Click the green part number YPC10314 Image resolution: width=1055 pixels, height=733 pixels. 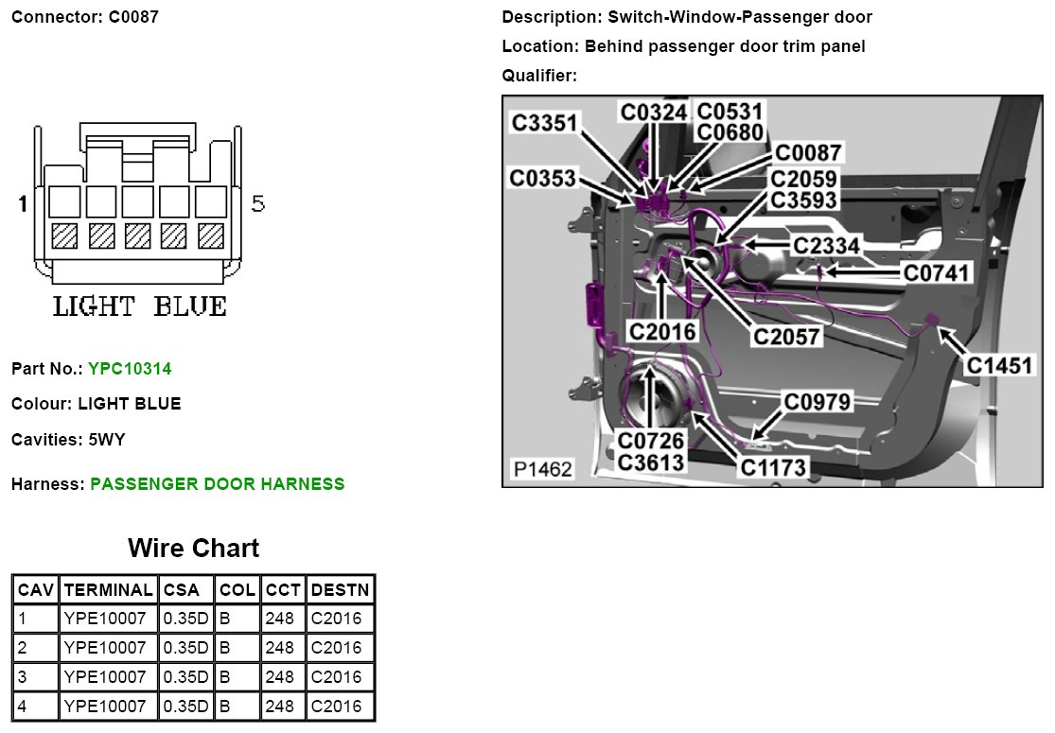(x=130, y=368)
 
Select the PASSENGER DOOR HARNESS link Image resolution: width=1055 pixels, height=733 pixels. (x=217, y=484)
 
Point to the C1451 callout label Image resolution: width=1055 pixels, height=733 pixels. (x=999, y=365)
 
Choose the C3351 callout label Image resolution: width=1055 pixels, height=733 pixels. (x=545, y=123)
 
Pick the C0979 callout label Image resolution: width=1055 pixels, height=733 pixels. (x=818, y=402)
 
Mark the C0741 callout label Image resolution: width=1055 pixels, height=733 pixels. (x=937, y=273)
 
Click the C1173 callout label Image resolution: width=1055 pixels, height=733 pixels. (x=773, y=466)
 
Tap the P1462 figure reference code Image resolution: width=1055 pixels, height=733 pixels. (x=542, y=469)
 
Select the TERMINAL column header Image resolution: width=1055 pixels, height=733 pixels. (x=107, y=589)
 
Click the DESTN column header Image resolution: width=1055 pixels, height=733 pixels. (x=340, y=589)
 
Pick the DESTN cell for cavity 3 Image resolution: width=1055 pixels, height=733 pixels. (x=336, y=677)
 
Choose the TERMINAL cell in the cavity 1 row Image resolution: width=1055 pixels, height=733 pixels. (x=105, y=619)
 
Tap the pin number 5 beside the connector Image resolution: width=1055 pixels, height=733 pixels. (x=257, y=203)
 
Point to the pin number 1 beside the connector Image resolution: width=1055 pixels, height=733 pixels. (x=23, y=203)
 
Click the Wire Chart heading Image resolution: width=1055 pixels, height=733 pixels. (x=193, y=549)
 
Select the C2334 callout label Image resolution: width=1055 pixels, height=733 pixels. (x=826, y=246)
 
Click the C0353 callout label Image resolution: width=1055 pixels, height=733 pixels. (x=542, y=178)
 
